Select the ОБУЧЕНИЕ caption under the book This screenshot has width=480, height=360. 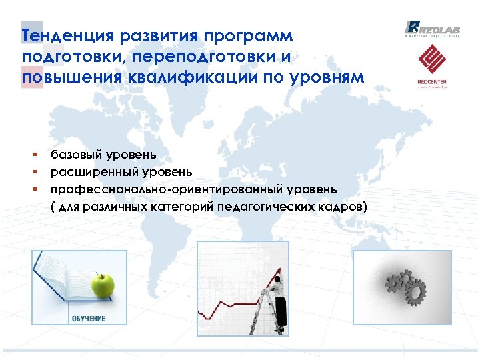pos(89,318)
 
